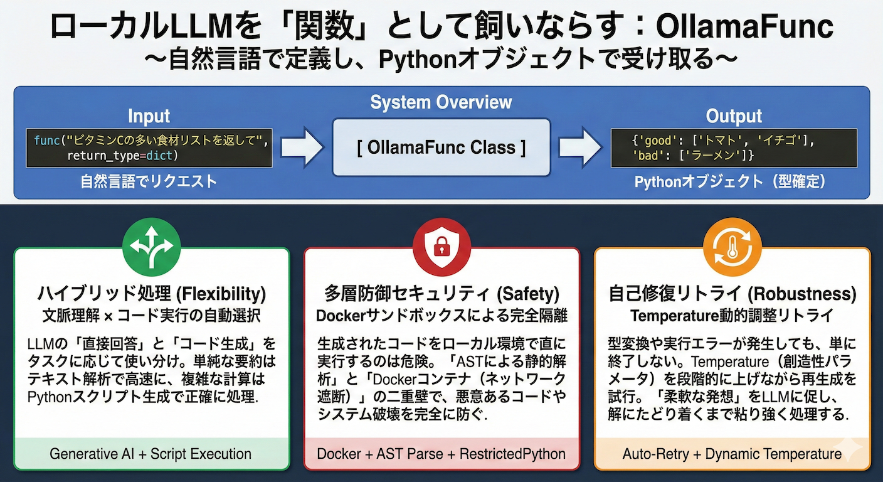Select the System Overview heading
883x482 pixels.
click(441, 102)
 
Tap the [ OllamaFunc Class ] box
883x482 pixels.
click(441, 148)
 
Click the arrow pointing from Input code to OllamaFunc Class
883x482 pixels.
click(302, 148)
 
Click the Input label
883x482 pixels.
click(149, 116)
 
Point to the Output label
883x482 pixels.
click(734, 116)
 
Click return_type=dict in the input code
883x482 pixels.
click(123, 155)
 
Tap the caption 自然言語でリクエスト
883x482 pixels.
click(149, 182)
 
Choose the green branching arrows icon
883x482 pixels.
click(151, 247)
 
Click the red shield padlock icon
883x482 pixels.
click(441, 247)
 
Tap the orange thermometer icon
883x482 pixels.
click(732, 247)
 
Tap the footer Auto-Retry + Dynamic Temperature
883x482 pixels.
click(732, 454)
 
